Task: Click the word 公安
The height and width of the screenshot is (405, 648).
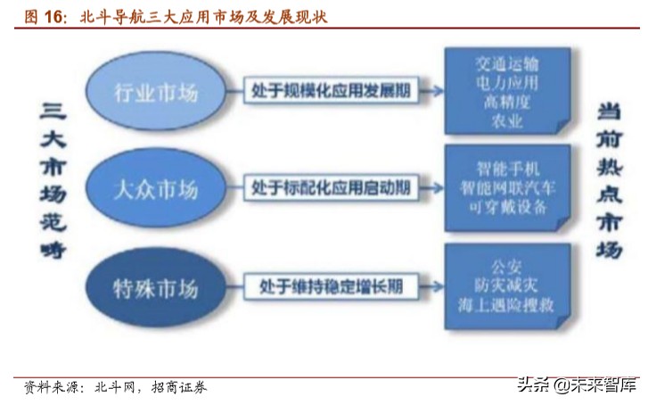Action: (x=506, y=265)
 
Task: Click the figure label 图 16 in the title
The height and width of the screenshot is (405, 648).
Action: (x=45, y=16)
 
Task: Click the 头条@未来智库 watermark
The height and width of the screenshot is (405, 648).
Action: (x=577, y=386)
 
